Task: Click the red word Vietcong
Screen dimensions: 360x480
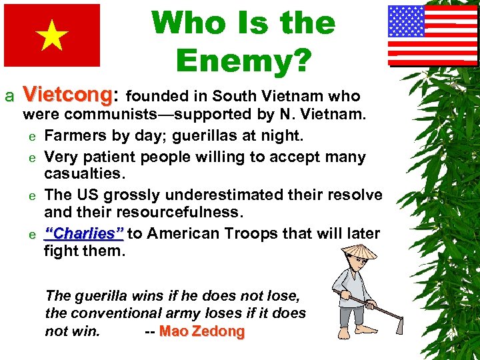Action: pyautogui.click(x=66, y=95)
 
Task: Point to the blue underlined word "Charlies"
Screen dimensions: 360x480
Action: pyautogui.click(x=84, y=234)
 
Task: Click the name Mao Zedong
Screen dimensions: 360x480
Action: pyautogui.click(x=202, y=331)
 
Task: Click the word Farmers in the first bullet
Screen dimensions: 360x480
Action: pyautogui.click(x=74, y=136)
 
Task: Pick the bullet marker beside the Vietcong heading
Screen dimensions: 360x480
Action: pyautogui.click(x=9, y=97)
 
